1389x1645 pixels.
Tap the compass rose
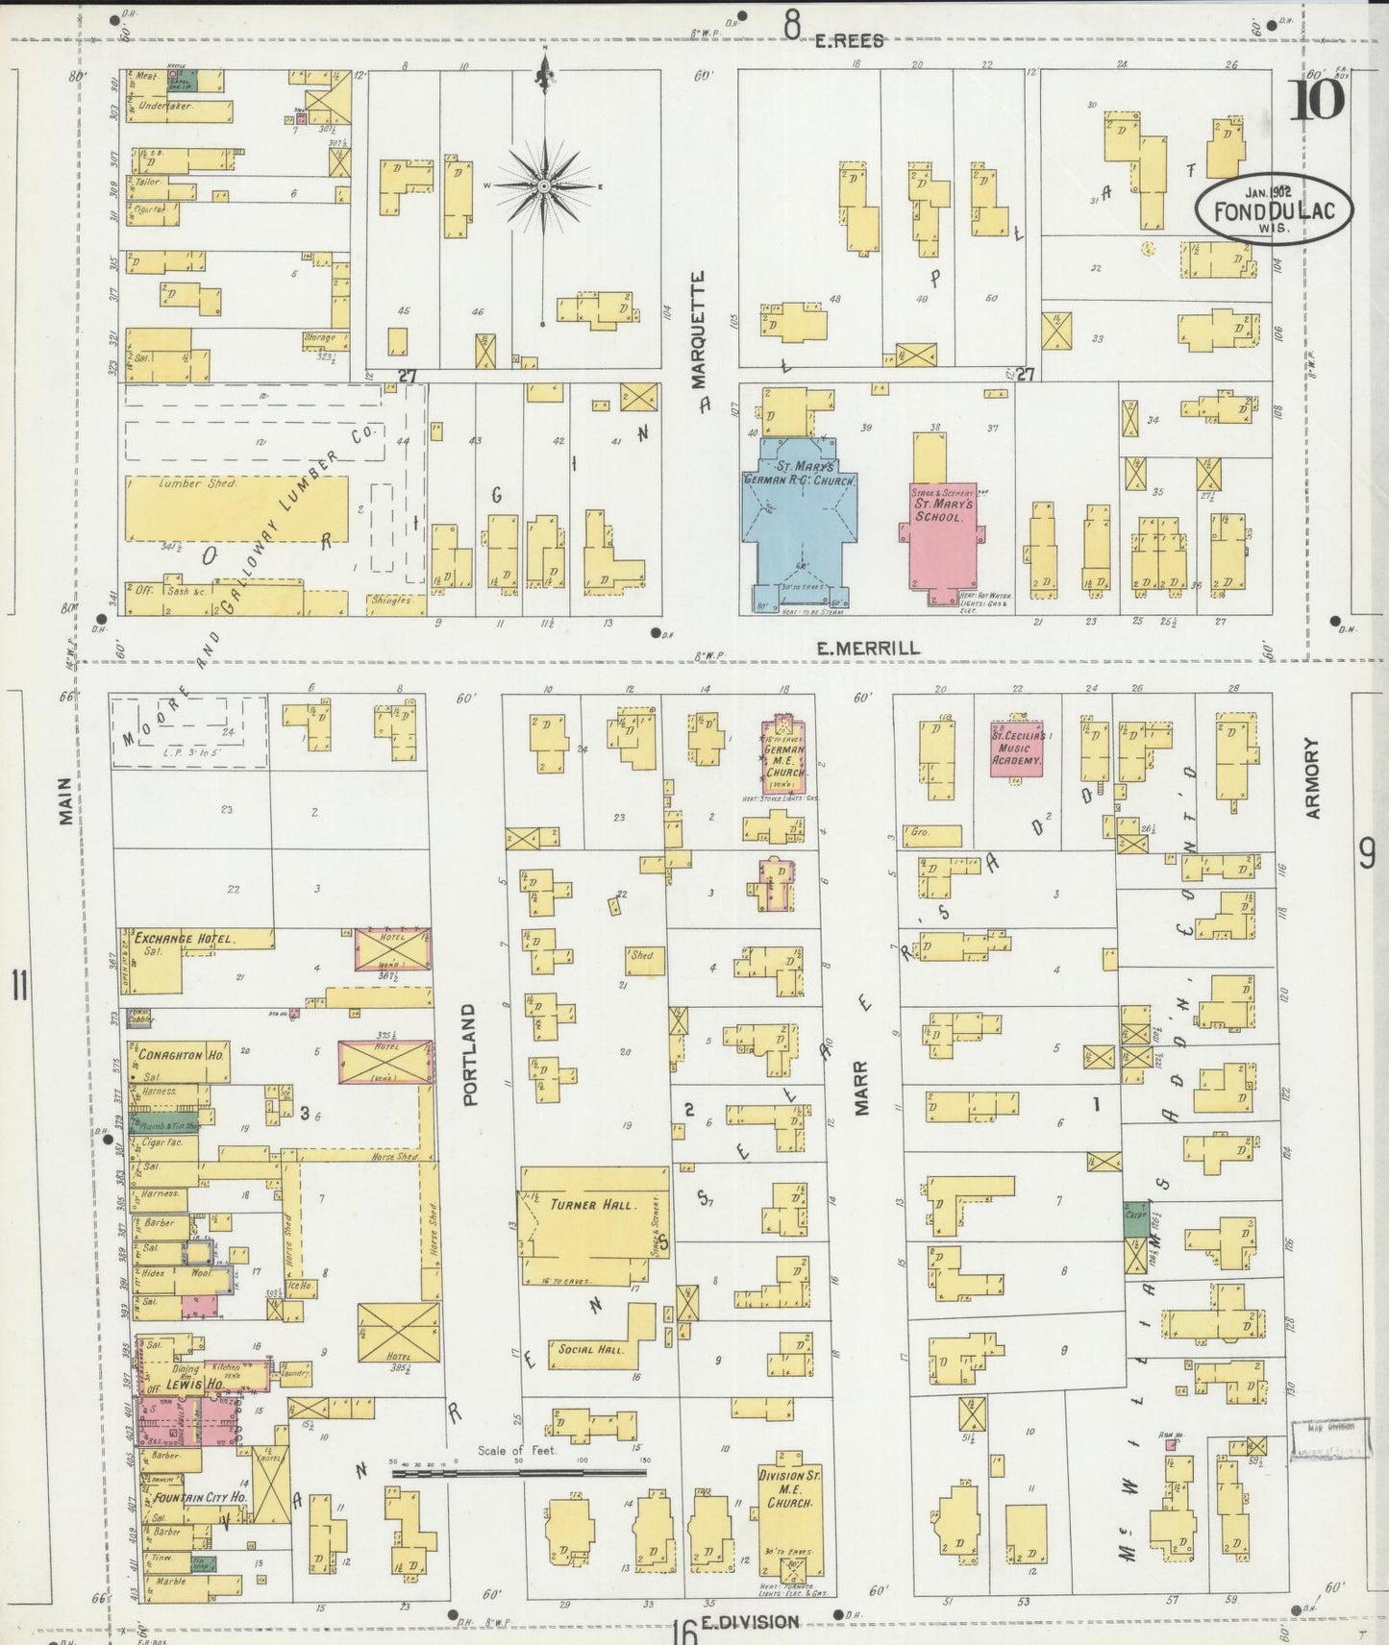pyautogui.click(x=543, y=184)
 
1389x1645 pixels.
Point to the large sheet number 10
pyautogui.click(x=1316, y=98)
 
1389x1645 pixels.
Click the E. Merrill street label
pyautogui.click(x=867, y=649)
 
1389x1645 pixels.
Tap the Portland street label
pyautogui.click(x=470, y=1056)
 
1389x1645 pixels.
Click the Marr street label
pyautogui.click(x=861, y=1087)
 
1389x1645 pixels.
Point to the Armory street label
pyautogui.click(x=1314, y=778)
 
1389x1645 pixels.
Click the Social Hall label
pyautogui.click(x=591, y=1349)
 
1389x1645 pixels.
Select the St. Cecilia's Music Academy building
pyautogui.click(x=1017, y=749)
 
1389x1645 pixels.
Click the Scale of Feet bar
pyautogui.click(x=519, y=1470)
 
